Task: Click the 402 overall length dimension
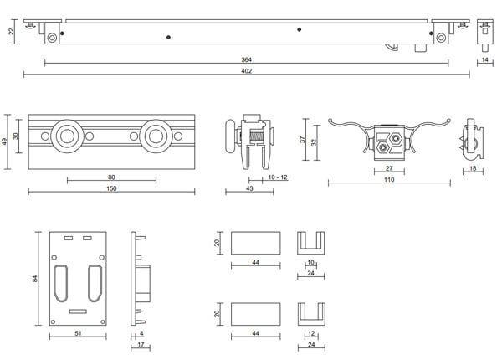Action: coord(246,71)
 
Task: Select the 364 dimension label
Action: coord(246,59)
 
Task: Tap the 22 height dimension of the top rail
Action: coord(12,31)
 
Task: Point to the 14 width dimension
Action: coord(484,59)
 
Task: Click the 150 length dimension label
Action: coord(111,188)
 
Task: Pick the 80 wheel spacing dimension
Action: coord(111,177)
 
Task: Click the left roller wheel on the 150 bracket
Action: coord(67,136)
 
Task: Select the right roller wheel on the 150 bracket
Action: coord(156,136)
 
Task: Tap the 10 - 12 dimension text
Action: coord(278,177)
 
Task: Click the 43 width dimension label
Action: coord(249,188)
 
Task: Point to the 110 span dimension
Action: coord(389,179)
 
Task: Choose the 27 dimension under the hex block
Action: coord(389,168)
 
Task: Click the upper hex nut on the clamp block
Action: coord(396,138)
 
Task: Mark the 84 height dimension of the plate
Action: coord(35,279)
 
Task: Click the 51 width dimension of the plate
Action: coord(78,333)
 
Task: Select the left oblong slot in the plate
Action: coord(60,283)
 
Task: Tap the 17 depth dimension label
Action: coord(141,345)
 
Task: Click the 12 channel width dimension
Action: coord(311,333)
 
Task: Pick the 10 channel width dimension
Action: coord(310,262)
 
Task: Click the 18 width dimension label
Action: coord(473,167)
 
